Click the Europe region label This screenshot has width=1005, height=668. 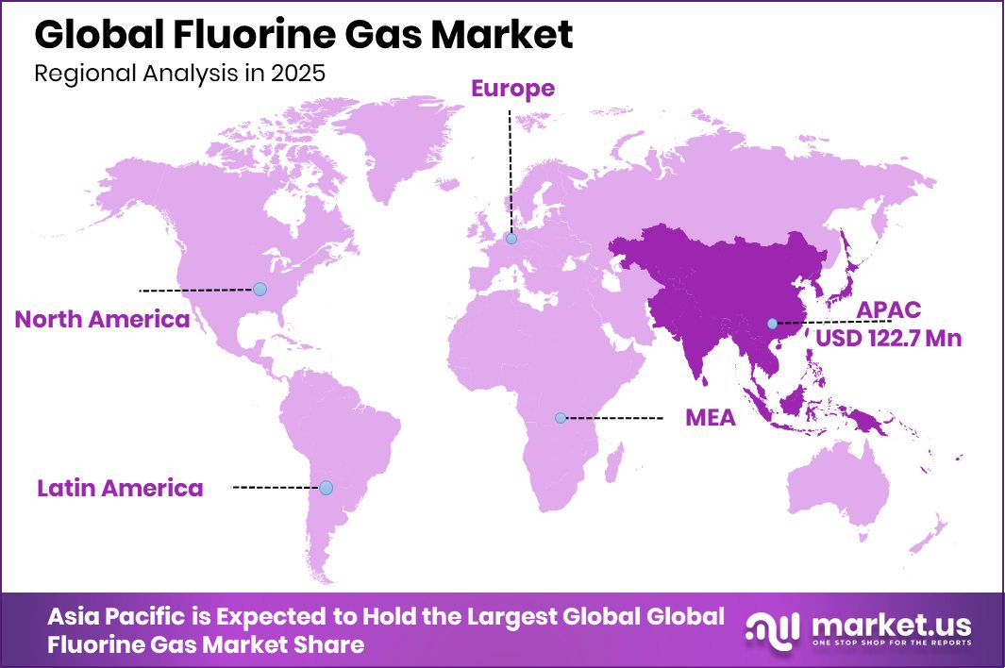(512, 89)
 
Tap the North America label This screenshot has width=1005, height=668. (102, 320)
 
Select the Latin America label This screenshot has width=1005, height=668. (120, 488)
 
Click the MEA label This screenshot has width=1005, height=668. (710, 418)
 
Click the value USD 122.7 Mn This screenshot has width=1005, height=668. (889, 338)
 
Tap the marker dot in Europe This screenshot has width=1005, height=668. (511, 240)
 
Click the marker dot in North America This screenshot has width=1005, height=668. (260, 289)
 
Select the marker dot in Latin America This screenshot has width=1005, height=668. (326, 488)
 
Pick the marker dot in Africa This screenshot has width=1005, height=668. (561, 417)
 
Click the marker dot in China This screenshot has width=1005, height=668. (772, 324)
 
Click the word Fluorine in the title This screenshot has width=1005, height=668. (251, 35)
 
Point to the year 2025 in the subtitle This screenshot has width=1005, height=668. (297, 74)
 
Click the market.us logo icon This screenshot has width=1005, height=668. (771, 629)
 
